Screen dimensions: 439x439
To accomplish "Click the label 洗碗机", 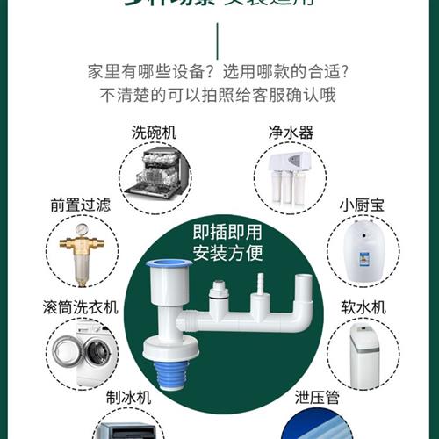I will tap(154, 133).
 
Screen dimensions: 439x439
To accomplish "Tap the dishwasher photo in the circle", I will tap(155, 175).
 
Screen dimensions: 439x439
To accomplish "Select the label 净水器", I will tap(291, 133).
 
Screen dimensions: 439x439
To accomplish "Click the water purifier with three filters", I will tap(291, 175).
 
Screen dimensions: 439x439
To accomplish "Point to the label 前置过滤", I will tap(81, 205).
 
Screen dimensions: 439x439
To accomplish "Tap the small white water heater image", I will tap(363, 251).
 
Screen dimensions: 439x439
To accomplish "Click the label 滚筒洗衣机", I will tap(80, 308).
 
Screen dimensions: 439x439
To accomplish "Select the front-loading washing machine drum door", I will tap(75, 354).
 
